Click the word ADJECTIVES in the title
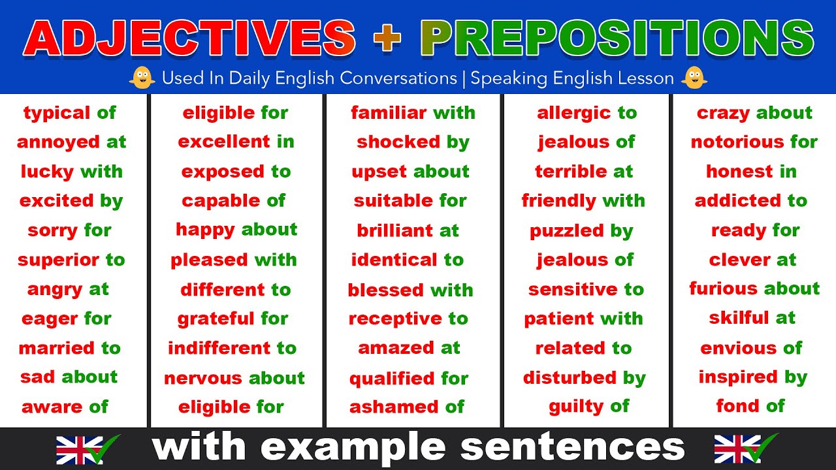(x=189, y=38)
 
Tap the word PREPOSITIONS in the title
(x=617, y=38)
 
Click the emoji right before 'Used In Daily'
(x=142, y=78)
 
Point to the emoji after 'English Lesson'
(x=694, y=78)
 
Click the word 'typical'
(x=57, y=113)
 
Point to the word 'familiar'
(x=389, y=113)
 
